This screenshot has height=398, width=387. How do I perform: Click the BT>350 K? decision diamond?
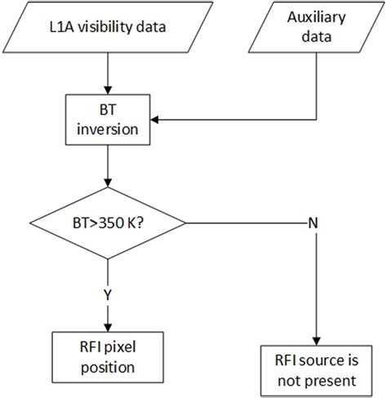[x=109, y=221]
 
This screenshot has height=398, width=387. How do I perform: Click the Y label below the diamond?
[x=109, y=294]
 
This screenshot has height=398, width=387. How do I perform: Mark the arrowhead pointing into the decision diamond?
[x=109, y=189]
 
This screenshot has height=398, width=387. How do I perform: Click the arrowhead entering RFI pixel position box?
[x=109, y=328]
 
